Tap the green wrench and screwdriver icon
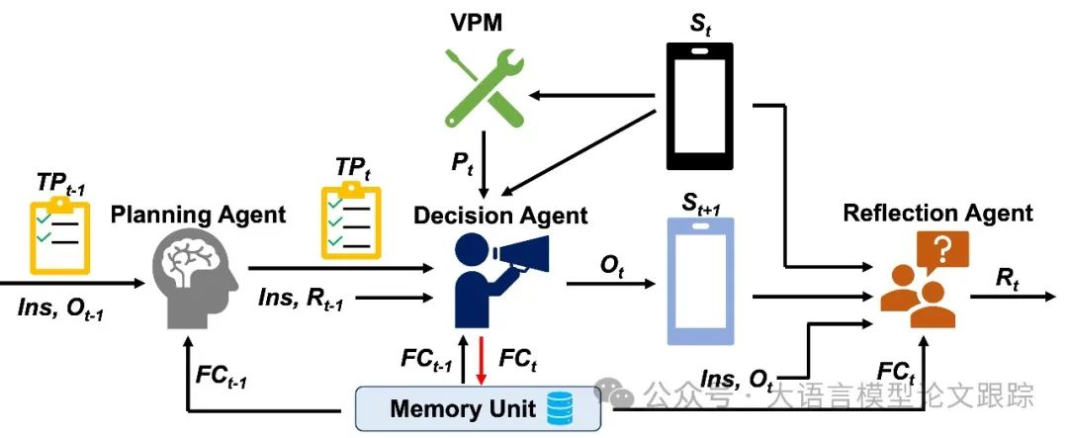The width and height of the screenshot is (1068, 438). click(485, 88)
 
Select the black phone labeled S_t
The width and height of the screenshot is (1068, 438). click(699, 106)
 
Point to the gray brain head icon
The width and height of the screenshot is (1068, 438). click(196, 277)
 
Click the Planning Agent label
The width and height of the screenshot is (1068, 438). click(198, 215)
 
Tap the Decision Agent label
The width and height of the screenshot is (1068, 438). click(500, 216)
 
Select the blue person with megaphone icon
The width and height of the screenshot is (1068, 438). click(500, 280)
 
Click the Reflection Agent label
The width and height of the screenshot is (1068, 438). click(937, 213)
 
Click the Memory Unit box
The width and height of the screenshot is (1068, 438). click(479, 409)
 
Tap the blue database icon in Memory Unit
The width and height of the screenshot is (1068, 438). click(559, 409)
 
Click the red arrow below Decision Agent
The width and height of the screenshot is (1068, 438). click(482, 359)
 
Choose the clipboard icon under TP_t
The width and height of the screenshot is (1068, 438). click(351, 219)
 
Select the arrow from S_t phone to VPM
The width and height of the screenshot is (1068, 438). click(592, 96)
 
